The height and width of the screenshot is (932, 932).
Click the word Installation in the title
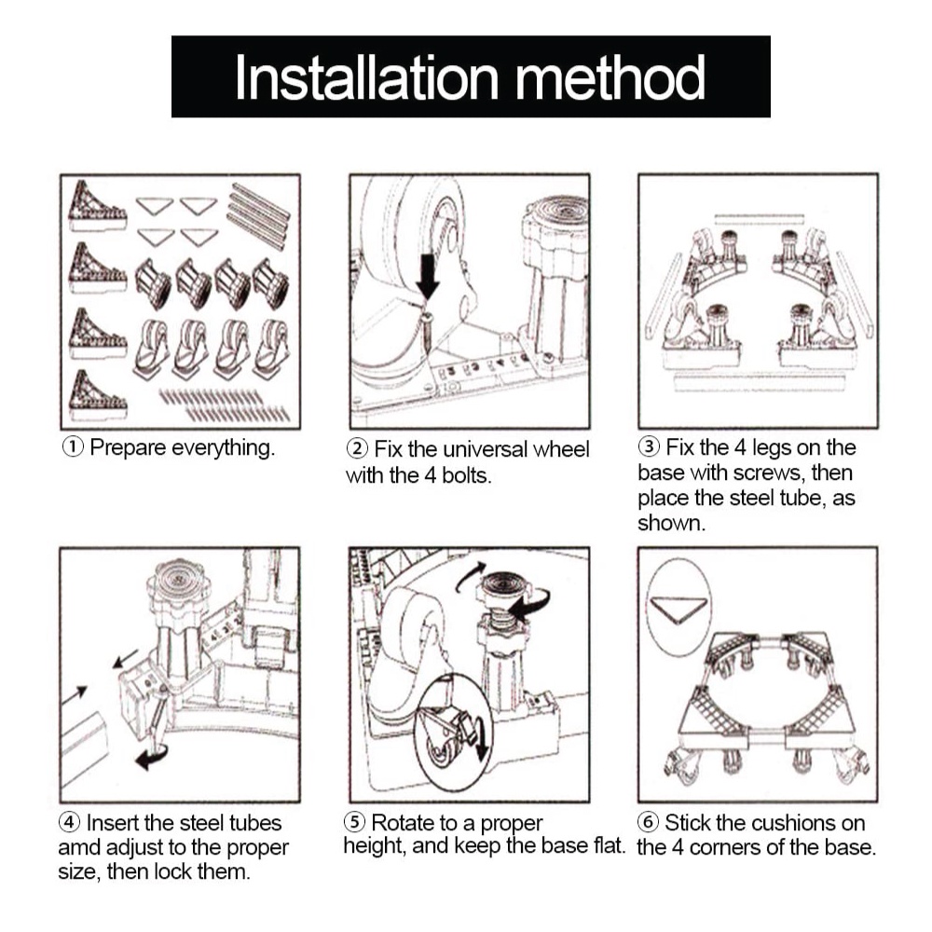366,77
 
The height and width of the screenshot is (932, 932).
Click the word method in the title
610,77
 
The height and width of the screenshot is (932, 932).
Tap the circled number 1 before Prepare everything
73,447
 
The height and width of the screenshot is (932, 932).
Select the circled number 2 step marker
357,449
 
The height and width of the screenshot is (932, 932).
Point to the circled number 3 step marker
649,447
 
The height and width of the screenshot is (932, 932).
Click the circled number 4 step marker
69,823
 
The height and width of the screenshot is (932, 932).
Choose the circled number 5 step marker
354,823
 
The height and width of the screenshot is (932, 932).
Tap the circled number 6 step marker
648,823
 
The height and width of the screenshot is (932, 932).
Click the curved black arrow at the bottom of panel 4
152,757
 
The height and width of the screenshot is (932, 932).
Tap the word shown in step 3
671,524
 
